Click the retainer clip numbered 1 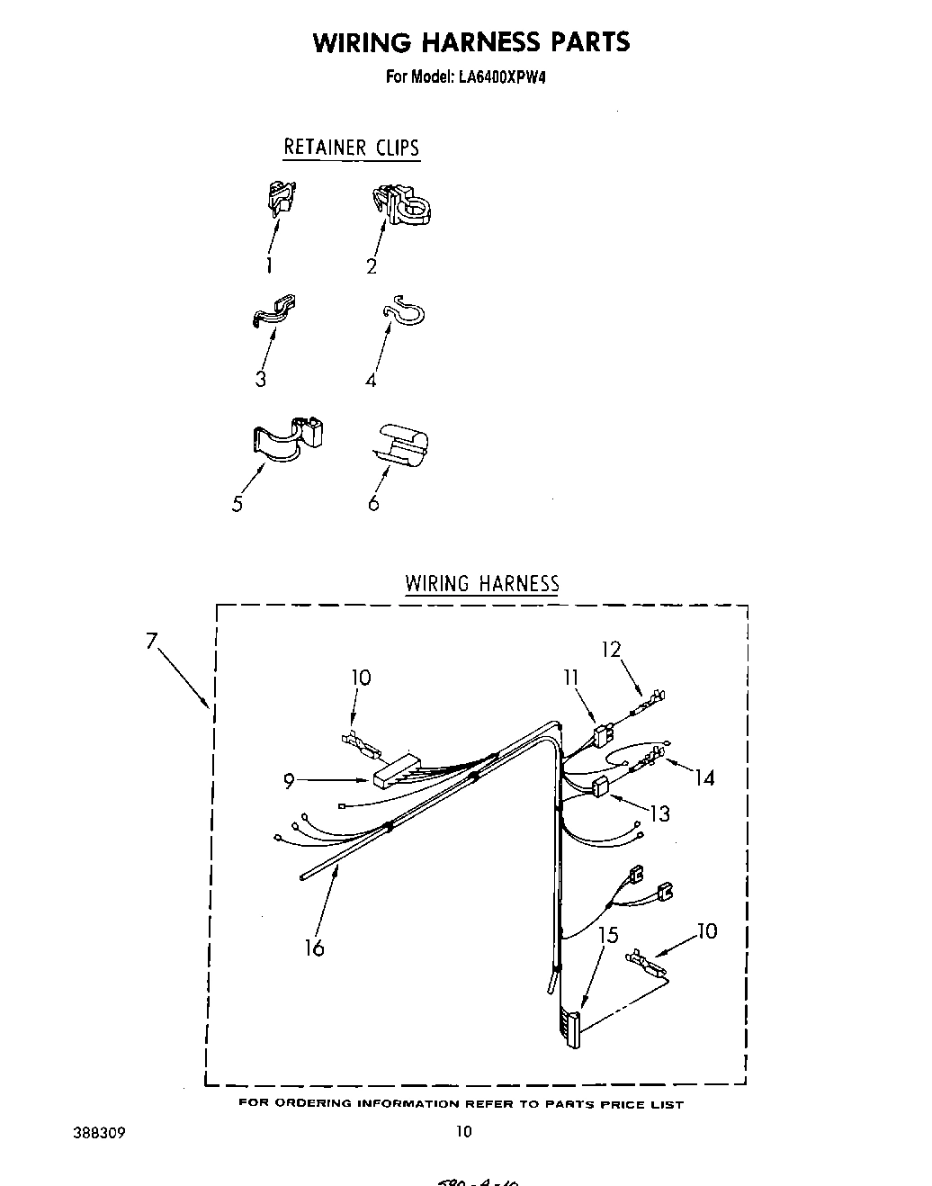click(x=282, y=199)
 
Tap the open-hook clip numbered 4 click(x=404, y=311)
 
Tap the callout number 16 click(x=314, y=948)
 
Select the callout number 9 click(x=289, y=782)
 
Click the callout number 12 click(x=612, y=649)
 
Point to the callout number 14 click(x=703, y=777)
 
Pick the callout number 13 click(x=659, y=813)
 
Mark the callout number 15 click(x=608, y=936)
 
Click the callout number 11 click(x=570, y=678)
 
